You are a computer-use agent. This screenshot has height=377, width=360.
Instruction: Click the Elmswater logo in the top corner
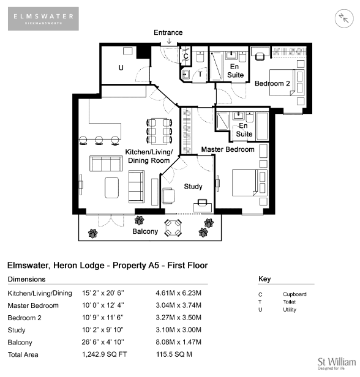(43, 18)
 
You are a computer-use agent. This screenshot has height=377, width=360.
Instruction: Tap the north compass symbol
(344, 18)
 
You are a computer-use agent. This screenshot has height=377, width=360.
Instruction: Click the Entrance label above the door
(168, 32)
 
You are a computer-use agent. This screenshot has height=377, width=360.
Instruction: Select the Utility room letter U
(121, 67)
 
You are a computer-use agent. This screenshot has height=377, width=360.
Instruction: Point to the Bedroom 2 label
(272, 83)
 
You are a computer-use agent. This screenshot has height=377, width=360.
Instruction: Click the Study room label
(193, 186)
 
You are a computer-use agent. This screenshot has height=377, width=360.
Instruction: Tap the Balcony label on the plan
(145, 231)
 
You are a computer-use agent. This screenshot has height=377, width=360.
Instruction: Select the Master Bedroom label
(228, 149)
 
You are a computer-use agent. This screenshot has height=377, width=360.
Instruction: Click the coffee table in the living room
(112, 187)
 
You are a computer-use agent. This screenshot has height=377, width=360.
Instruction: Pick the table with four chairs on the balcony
(173, 228)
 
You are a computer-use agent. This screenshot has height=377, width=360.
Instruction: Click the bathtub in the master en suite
(263, 126)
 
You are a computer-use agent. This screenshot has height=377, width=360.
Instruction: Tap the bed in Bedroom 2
(287, 83)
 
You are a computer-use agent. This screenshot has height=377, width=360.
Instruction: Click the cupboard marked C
(186, 56)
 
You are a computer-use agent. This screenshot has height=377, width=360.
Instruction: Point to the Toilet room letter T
(200, 74)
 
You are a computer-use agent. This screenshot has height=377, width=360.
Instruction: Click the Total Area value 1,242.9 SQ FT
(104, 354)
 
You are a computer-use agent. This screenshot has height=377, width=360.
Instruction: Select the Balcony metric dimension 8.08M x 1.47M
(178, 342)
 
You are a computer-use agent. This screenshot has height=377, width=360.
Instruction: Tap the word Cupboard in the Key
(294, 294)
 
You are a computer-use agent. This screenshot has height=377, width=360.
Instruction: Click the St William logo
(337, 364)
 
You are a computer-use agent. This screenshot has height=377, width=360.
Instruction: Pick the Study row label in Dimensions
(17, 330)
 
